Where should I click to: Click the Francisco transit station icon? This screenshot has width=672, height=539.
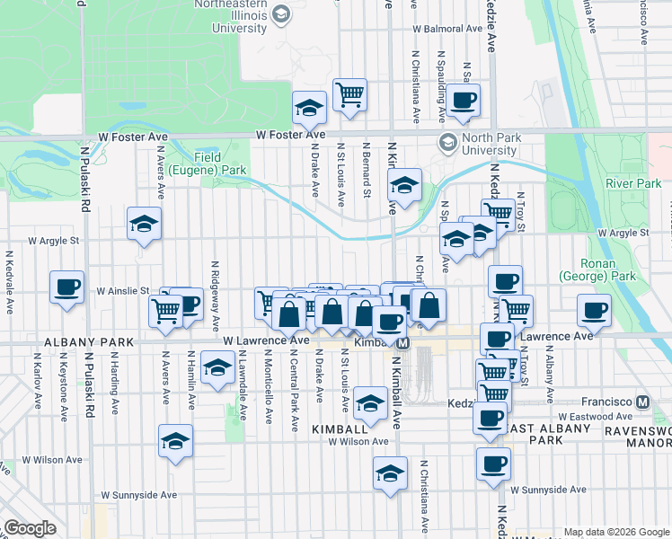point(642,402)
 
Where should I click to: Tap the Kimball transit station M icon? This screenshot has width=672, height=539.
point(403,343)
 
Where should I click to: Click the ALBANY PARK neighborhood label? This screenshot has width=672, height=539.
point(89,342)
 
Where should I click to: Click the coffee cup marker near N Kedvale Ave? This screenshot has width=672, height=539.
point(67,287)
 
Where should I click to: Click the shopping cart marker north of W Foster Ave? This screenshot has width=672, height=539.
point(349,93)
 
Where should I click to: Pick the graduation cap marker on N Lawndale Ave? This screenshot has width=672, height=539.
point(217,367)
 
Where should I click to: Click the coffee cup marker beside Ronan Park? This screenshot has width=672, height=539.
point(594,311)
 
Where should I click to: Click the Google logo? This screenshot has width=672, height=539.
point(30,528)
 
